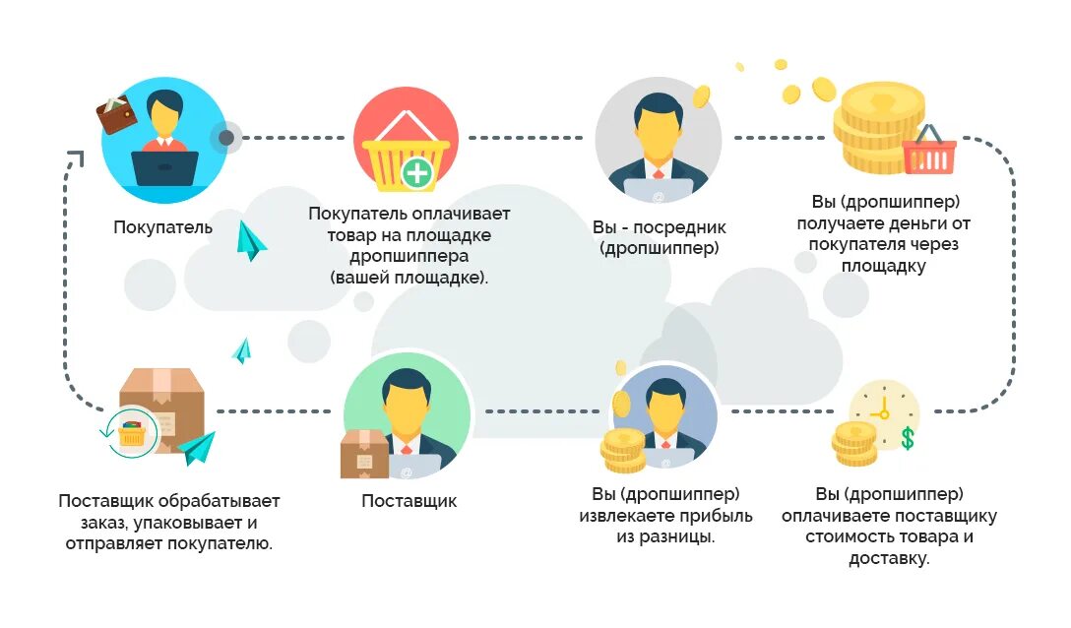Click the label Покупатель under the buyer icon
coord(163,228)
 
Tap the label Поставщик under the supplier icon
coord(409,501)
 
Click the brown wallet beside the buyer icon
coord(117,116)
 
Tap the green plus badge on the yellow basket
coord(418,175)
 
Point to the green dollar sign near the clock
coord(907,438)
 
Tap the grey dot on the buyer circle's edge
coord(226,138)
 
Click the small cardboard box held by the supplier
coord(363,454)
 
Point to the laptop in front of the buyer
coord(164,168)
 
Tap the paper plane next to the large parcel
coord(197,448)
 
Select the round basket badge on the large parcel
coord(131,434)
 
